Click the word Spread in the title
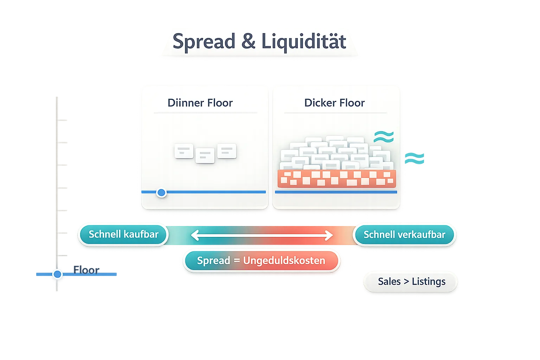coord(204,41)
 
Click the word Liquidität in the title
coord(304,41)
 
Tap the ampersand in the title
coord(248,41)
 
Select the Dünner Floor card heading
coord(200,103)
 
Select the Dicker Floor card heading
coord(334,103)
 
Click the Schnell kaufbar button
coord(123,234)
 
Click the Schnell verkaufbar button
coord(404,235)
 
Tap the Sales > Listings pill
coord(411,282)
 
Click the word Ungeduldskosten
coord(284,261)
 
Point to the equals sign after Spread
coord(237,261)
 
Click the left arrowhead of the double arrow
coord(194,235)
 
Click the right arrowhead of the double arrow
coord(329,235)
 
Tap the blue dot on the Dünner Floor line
coord(161,192)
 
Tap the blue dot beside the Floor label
coord(57,274)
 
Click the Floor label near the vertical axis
coord(86,270)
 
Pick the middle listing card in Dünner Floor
coord(205,155)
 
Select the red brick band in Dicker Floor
coord(336,179)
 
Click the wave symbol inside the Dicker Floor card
coord(384,137)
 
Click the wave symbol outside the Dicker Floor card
coord(414,158)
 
